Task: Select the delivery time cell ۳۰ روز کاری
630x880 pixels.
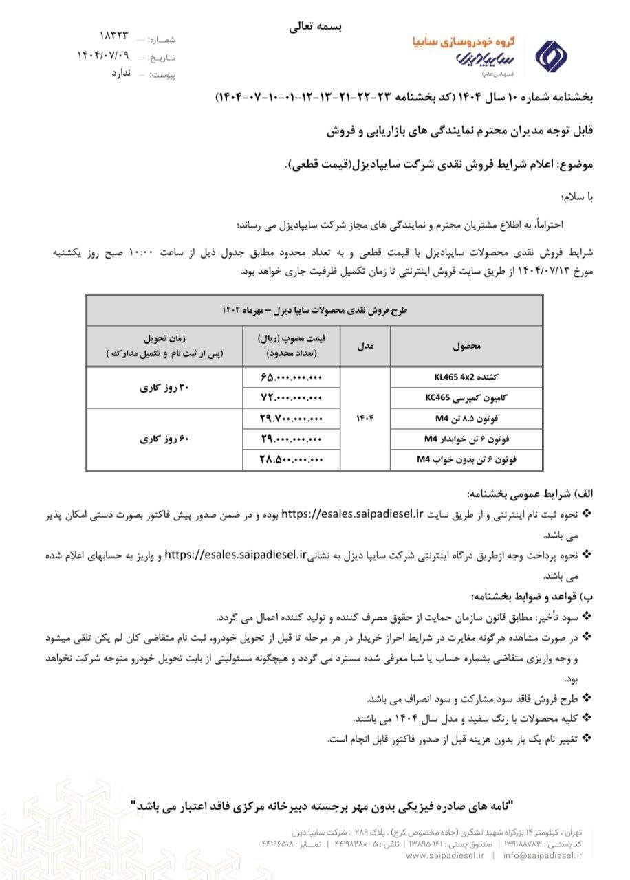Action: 165,388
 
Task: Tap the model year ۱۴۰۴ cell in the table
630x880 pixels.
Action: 365,418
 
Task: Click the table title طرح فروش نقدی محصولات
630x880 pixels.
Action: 315,310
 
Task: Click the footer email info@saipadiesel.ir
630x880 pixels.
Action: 543,856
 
